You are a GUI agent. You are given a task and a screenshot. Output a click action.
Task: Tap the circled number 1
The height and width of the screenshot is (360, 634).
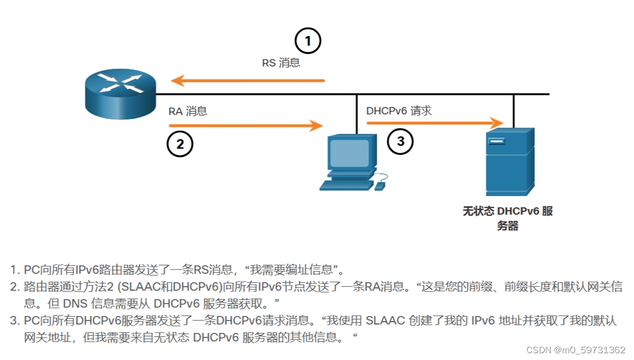tap(307, 41)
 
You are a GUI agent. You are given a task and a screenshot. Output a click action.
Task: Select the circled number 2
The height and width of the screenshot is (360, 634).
tap(180, 144)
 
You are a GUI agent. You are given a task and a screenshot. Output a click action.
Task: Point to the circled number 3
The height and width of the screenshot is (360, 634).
tap(400, 141)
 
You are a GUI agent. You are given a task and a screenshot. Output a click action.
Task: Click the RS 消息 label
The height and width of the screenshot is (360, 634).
tap(281, 63)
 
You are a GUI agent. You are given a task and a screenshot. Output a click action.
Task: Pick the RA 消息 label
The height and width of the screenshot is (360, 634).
tap(188, 111)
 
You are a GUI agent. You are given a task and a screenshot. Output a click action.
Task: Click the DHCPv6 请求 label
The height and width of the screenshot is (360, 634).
tap(399, 110)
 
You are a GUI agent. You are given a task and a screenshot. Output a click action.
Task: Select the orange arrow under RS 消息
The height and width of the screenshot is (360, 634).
tap(248, 81)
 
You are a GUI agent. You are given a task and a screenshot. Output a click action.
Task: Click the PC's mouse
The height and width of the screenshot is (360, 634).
tap(380, 185)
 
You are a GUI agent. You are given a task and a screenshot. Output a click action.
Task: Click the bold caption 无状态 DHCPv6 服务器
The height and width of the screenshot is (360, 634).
tap(507, 219)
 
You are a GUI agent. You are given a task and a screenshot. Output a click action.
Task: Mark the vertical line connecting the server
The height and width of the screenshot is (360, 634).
tap(514, 110)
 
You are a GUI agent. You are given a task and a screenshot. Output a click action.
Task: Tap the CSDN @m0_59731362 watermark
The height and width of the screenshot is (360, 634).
tap(575, 350)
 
